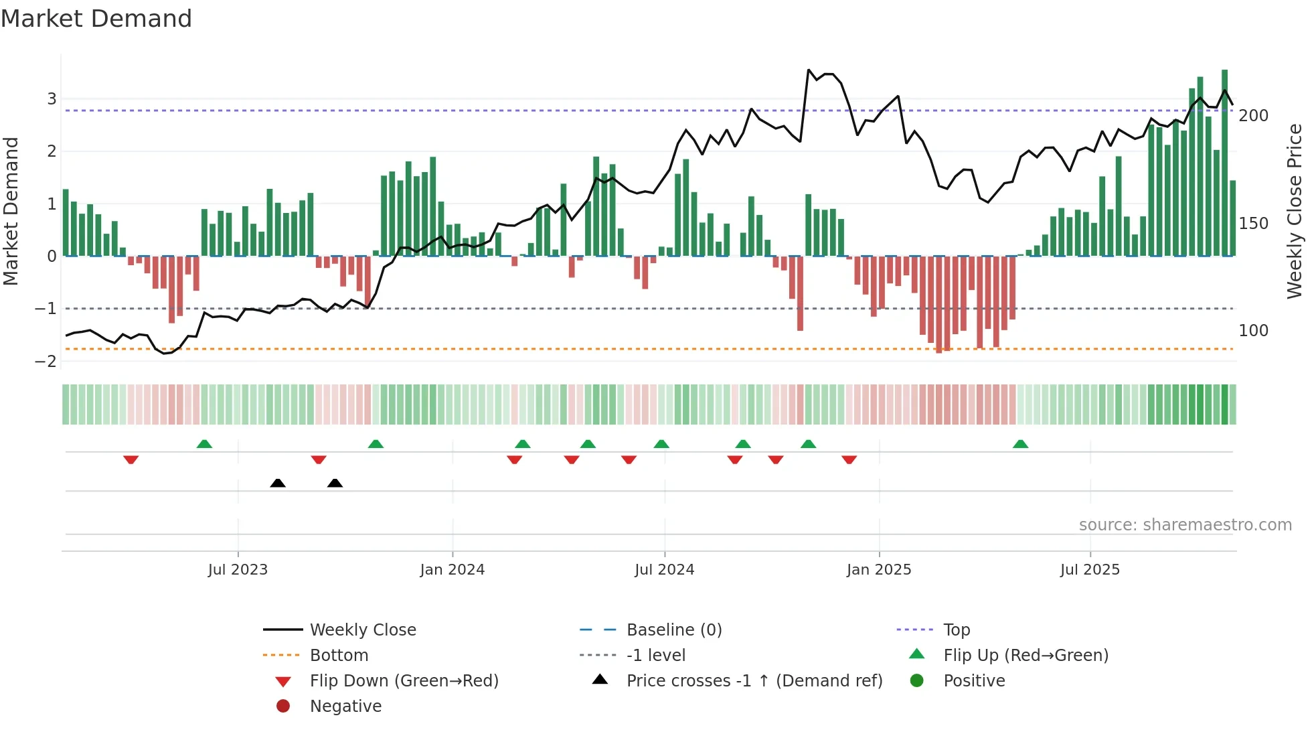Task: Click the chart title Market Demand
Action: point(96,19)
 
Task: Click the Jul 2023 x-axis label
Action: point(238,570)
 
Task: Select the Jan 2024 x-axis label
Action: point(452,570)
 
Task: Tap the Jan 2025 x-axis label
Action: point(878,570)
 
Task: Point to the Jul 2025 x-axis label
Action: point(1089,570)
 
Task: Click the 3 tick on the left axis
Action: point(52,99)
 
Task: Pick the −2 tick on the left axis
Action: point(46,362)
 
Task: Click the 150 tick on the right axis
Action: point(1253,224)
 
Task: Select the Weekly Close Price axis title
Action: point(1295,211)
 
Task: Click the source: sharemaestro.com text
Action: point(1185,525)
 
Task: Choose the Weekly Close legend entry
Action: point(362,630)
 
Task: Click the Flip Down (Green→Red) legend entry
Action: point(404,681)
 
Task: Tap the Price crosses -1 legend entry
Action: point(754,681)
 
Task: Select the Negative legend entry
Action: point(345,707)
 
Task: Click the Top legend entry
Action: point(956,630)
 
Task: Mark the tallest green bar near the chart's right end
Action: point(1224,161)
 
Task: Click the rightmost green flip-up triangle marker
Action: point(1020,444)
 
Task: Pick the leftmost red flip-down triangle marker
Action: point(131,459)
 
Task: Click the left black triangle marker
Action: point(278,483)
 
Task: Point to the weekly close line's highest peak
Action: point(809,70)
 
